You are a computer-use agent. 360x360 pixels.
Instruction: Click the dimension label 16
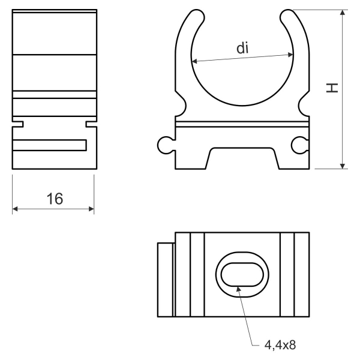click(55, 199)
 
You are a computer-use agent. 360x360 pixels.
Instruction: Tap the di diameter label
click(242, 48)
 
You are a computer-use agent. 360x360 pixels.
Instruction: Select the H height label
click(332, 88)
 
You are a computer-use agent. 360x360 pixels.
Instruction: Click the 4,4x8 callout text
click(280, 344)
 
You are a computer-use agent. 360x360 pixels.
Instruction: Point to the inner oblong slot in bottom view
click(242, 275)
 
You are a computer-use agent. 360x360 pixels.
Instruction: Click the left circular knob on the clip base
click(165, 145)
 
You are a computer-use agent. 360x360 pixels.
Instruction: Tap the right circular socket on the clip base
click(299, 145)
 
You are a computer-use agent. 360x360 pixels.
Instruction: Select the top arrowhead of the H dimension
click(343, 13)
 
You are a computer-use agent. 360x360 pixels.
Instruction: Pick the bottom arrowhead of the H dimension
click(343, 166)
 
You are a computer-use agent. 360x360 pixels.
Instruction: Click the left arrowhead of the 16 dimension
click(15, 209)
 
